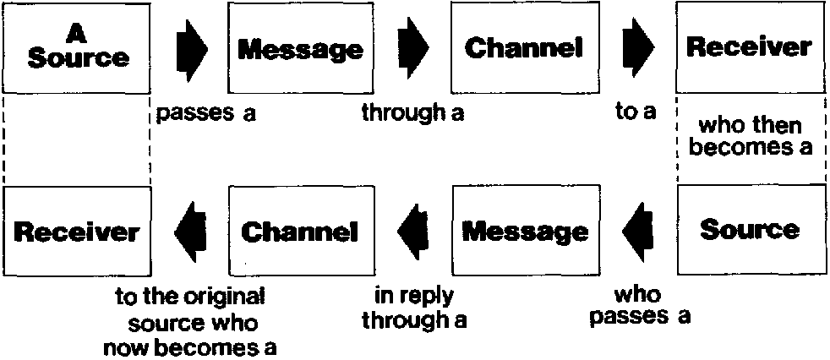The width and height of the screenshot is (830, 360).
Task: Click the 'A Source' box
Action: [x=78, y=47]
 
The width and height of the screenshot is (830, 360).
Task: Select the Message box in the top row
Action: [x=301, y=48]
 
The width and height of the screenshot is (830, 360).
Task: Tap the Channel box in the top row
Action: [x=523, y=47]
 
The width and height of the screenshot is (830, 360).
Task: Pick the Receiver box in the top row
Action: [x=749, y=47]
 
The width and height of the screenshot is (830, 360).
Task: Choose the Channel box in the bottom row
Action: [x=301, y=232]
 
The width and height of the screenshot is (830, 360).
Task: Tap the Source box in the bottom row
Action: [x=750, y=230]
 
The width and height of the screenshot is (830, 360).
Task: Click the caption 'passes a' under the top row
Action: [x=205, y=113]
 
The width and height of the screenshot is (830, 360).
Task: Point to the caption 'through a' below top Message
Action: [x=412, y=112]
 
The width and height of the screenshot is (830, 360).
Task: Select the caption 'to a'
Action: [x=636, y=112]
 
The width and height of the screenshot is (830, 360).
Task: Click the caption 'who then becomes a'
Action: [x=750, y=136]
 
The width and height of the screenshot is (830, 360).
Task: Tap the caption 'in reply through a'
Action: [x=420, y=308]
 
